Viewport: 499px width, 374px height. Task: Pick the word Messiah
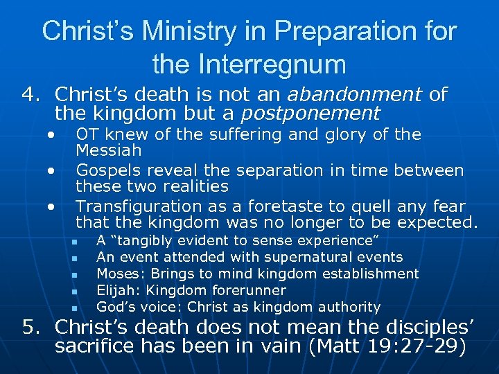click(x=109, y=150)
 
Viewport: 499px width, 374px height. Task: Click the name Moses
click(x=116, y=274)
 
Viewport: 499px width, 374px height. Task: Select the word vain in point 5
click(x=271, y=346)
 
